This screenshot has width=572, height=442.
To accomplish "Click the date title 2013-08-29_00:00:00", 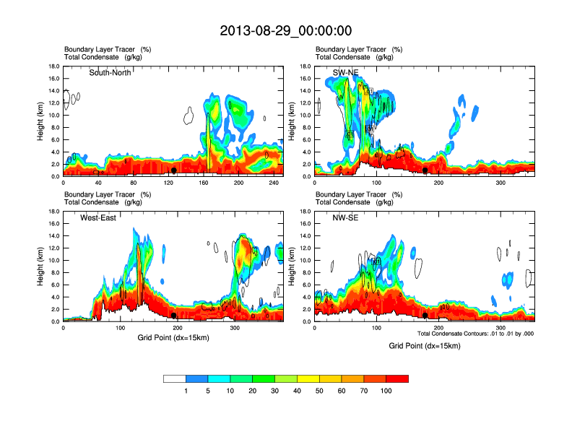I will coord(285,30).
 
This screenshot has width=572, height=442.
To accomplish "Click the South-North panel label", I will coord(110,72).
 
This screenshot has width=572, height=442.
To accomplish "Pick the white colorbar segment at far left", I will coord(175,378).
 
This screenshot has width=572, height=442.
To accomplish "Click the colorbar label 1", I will coord(186,391).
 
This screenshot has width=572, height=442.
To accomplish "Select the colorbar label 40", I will coord(298,391).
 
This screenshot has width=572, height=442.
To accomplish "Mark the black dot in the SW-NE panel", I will coord(425,170).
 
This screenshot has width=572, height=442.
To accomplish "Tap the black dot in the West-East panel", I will coord(174,316).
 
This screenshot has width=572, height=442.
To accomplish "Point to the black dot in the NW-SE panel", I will coord(425,316).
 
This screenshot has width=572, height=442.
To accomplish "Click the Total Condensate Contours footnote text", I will coord(478,333).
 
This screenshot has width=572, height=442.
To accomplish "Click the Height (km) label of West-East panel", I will coord(41,266).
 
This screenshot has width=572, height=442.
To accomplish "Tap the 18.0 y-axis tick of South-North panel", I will coord(53,66).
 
